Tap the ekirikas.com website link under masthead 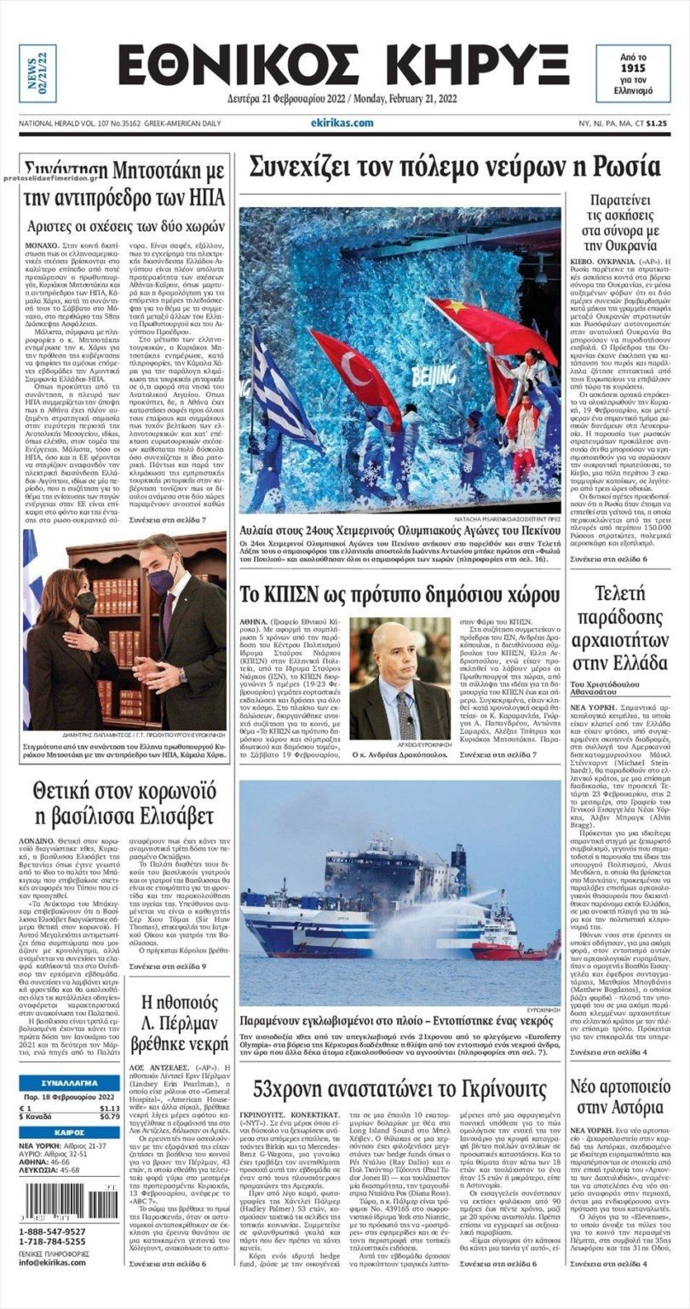pyautogui.click(x=342, y=123)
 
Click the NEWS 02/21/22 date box pyautogui.click(x=37, y=73)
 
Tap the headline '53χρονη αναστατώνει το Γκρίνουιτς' pyautogui.click(x=400, y=1088)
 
